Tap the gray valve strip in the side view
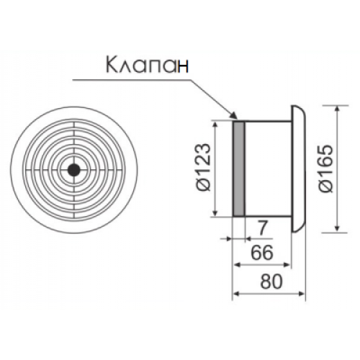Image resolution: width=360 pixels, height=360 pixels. click(x=238, y=168)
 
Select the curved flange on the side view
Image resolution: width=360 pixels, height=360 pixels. click(x=299, y=169)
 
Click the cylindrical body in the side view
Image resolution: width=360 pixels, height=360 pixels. click(x=268, y=168)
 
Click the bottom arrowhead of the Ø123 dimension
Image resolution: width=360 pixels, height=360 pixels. click(x=217, y=213)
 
